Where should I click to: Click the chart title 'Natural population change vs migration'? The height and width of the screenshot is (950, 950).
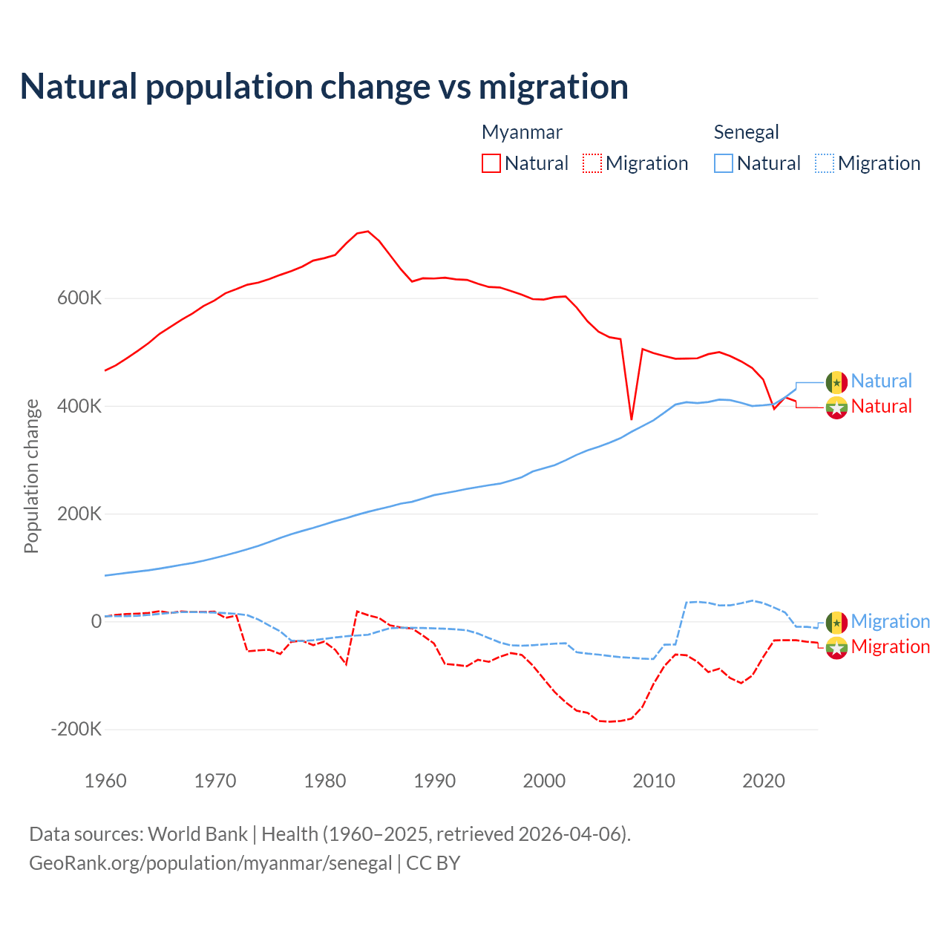click(x=324, y=86)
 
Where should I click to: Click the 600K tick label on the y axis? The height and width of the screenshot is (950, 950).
click(x=79, y=298)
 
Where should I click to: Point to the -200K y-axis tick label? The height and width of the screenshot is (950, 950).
click(x=76, y=729)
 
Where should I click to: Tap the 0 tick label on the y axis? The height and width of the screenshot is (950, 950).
click(x=96, y=621)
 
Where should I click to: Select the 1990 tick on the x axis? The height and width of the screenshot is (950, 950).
click(x=434, y=781)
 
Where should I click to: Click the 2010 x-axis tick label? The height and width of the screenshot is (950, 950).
click(x=654, y=781)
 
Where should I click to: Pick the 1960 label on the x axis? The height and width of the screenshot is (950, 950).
click(x=105, y=781)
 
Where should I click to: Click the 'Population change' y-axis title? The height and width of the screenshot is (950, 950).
click(x=31, y=476)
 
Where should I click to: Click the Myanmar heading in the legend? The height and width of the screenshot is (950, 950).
click(x=522, y=132)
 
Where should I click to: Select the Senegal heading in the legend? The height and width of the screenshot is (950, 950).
click(x=746, y=132)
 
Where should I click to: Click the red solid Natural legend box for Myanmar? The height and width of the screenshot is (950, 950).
click(x=491, y=163)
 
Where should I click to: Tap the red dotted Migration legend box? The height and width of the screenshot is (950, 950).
click(x=592, y=163)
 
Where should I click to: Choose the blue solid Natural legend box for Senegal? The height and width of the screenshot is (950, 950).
click(x=724, y=163)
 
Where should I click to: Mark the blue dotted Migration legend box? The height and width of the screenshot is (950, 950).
click(x=825, y=163)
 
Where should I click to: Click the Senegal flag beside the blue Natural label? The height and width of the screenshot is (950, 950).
click(x=836, y=382)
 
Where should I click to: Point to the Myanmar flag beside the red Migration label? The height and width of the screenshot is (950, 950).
click(x=836, y=647)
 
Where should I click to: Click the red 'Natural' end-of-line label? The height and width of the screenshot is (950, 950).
click(x=881, y=407)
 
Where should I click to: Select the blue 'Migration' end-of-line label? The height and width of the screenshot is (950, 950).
click(x=890, y=621)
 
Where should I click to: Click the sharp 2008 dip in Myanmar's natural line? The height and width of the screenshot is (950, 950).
click(x=632, y=419)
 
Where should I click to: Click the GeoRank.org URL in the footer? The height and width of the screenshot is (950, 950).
click(x=211, y=863)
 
